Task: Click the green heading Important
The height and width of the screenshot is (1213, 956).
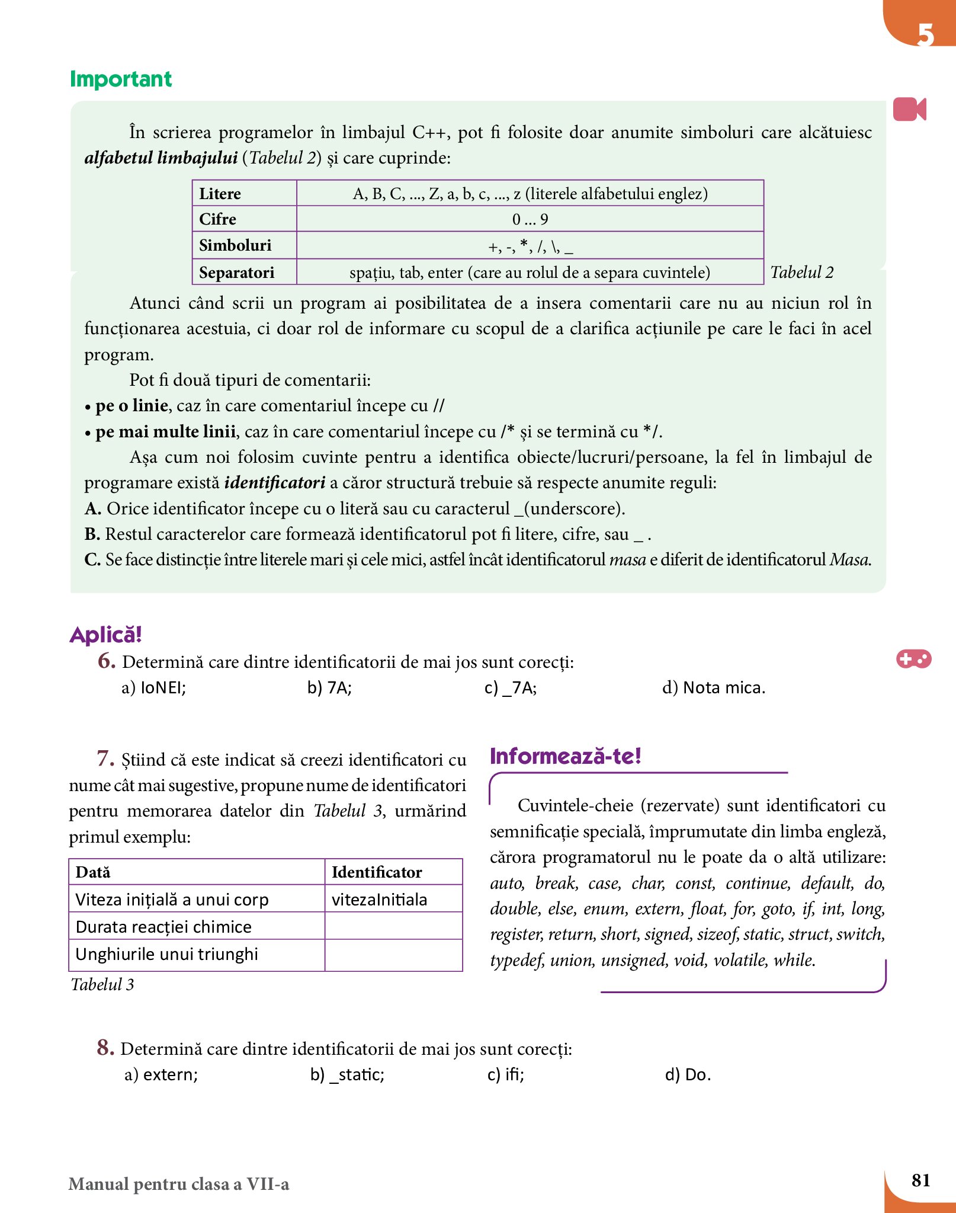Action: pos(121,79)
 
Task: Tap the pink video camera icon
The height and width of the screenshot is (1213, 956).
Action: pos(909,109)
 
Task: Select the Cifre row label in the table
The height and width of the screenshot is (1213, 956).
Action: pos(218,219)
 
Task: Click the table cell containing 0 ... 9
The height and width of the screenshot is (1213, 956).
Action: pos(530,219)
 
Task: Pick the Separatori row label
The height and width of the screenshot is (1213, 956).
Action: pos(237,273)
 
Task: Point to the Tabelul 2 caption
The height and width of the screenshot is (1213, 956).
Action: pos(801,273)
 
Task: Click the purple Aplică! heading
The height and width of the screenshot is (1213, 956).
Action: pos(106,635)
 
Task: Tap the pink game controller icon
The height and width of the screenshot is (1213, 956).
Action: pos(913,659)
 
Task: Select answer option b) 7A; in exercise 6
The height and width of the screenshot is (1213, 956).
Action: pos(329,688)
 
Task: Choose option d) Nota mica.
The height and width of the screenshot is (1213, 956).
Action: pos(714,688)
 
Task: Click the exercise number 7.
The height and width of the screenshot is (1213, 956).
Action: pos(105,758)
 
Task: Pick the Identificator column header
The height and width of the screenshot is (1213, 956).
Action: pos(377,872)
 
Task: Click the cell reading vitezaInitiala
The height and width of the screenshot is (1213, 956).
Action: pos(380,900)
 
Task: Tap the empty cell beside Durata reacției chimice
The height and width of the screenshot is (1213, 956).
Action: pos(393,926)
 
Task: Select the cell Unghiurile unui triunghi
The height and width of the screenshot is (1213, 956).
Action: pos(167,954)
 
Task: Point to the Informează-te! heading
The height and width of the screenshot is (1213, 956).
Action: pos(566,757)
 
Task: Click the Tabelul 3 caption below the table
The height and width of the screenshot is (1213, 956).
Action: pos(102,984)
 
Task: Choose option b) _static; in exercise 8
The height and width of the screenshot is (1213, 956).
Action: pos(348,1074)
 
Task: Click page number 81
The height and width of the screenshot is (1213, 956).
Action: pos(920,1180)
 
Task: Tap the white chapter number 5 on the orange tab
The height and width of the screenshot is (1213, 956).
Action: pos(925,34)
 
